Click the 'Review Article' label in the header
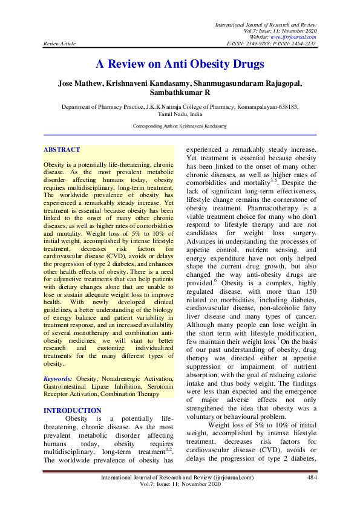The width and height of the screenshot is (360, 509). point(58,44)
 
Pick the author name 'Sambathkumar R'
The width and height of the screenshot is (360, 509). point(180,93)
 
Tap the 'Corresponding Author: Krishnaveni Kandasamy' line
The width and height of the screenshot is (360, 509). point(180,126)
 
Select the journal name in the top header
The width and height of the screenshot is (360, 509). point(266,22)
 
